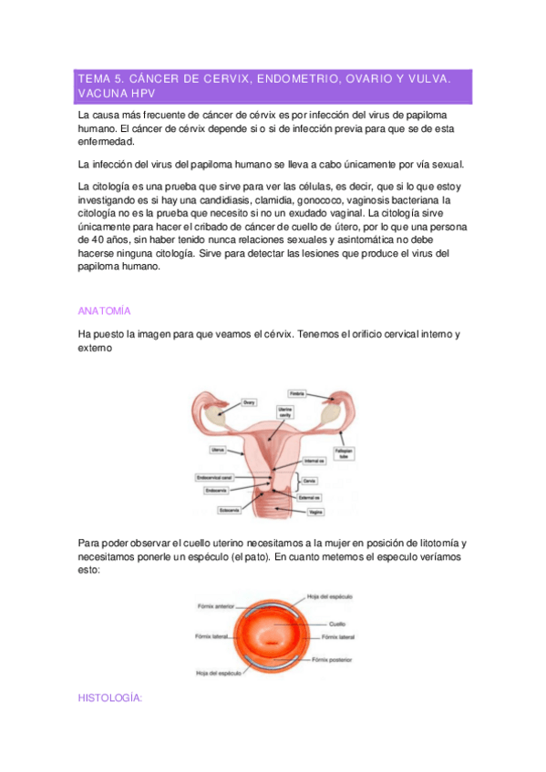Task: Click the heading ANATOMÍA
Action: (x=105, y=310)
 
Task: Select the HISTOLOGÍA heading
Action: (x=111, y=697)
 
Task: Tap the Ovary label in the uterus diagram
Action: (x=249, y=401)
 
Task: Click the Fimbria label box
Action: (x=297, y=393)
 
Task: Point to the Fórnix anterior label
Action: (x=215, y=604)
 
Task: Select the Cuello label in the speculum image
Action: (x=336, y=624)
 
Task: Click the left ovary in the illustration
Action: (x=216, y=414)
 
